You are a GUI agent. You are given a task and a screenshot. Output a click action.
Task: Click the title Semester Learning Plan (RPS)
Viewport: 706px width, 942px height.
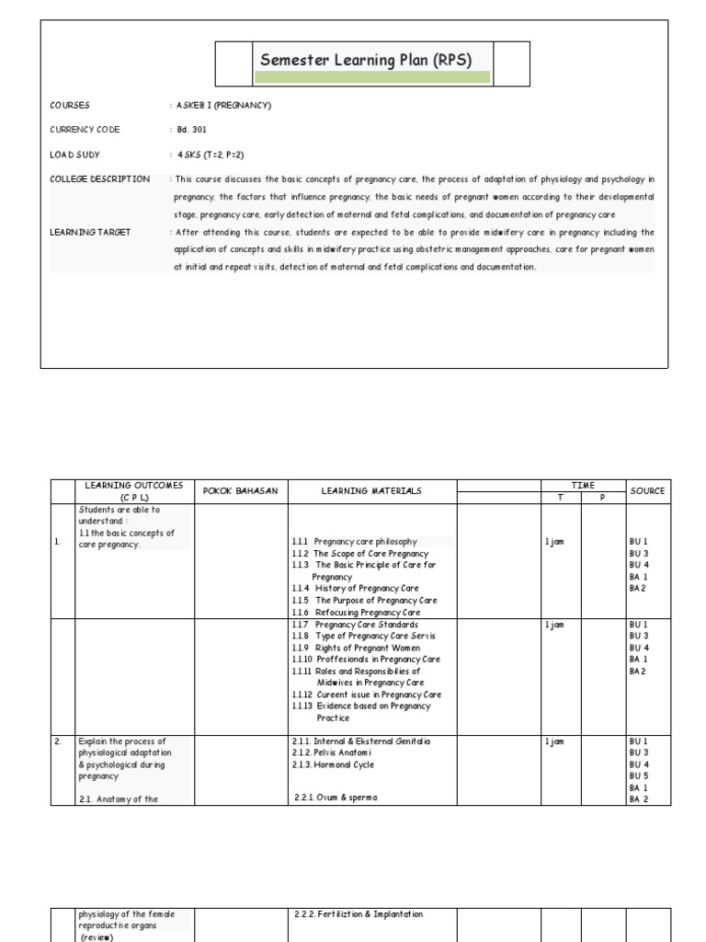pos(366,61)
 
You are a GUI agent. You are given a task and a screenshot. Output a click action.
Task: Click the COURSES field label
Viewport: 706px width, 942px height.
pos(70,106)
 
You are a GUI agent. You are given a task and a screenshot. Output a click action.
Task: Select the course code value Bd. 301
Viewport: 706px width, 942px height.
pos(190,130)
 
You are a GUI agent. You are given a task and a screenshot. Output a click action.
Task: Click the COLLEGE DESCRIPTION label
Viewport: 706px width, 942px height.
pos(99,178)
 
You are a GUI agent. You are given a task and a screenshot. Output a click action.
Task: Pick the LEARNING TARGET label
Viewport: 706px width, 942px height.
pos(90,232)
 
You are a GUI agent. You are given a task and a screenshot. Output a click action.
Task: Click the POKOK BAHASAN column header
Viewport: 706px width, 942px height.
pos(240,491)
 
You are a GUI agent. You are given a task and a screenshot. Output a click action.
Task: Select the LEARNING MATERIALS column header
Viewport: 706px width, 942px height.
pos(371,491)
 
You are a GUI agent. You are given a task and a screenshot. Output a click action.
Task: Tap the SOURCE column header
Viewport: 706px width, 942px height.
pos(647,491)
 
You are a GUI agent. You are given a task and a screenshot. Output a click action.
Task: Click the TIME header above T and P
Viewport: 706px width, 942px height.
pos(583,485)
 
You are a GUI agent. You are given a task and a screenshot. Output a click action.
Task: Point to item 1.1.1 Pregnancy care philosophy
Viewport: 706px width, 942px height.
pos(355,542)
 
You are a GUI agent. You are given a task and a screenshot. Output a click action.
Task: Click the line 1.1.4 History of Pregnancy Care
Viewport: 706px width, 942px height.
pos(356,588)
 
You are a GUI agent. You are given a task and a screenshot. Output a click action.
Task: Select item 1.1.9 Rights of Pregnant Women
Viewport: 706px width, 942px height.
pos(356,648)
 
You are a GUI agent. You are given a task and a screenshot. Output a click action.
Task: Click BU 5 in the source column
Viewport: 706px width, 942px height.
pos(638,776)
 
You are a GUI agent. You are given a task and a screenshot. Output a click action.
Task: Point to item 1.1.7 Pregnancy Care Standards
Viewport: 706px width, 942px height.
pos(354,625)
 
